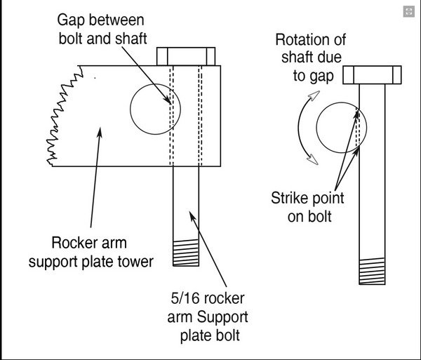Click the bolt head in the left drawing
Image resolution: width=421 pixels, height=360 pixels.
(185, 55)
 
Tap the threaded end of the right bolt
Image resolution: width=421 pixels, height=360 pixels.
(372, 269)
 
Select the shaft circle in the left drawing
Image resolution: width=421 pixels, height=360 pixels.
(155, 110)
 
